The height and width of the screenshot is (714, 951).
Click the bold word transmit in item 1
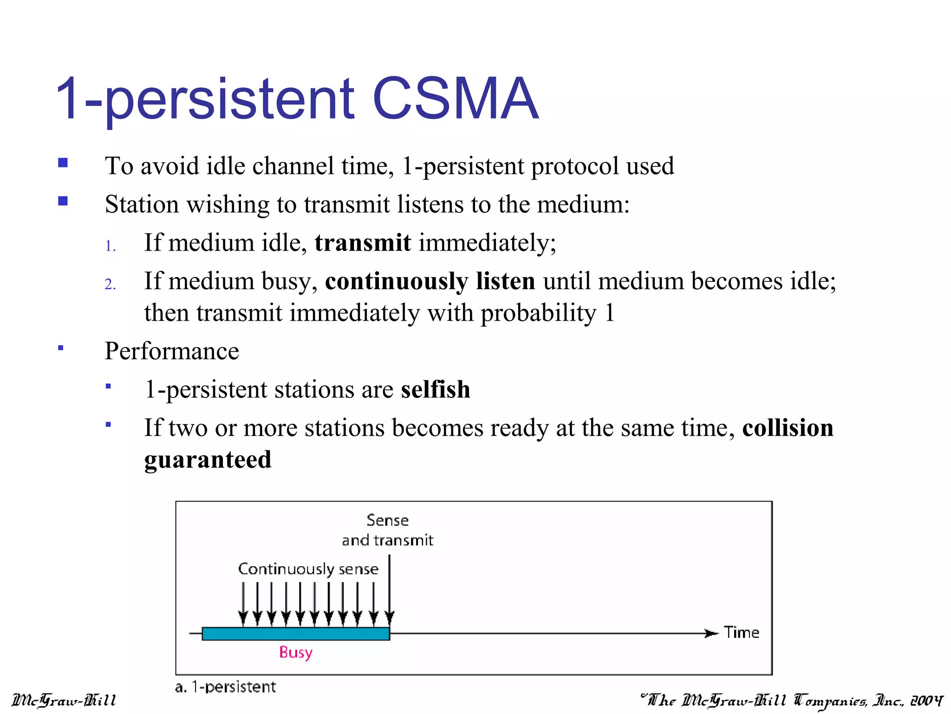(363, 243)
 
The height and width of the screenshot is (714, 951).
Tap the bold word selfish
(436, 390)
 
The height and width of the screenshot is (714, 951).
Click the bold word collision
(788, 428)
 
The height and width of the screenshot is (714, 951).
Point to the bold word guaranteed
(208, 460)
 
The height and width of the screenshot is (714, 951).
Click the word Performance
(172, 351)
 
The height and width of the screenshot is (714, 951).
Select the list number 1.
(110, 246)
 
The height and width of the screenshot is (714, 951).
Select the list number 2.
(110, 284)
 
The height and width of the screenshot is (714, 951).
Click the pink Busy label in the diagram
(296, 652)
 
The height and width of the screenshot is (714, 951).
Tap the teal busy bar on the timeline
(296, 634)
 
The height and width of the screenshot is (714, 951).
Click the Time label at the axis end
(742, 633)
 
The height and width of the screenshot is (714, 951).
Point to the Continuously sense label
(308, 569)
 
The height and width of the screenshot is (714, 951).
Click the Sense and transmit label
(387, 530)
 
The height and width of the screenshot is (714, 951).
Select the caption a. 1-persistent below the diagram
(225, 687)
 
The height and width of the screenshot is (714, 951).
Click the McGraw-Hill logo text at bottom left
(64, 700)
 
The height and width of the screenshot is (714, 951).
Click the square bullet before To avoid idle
(63, 163)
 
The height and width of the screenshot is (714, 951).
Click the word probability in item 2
(538, 313)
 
